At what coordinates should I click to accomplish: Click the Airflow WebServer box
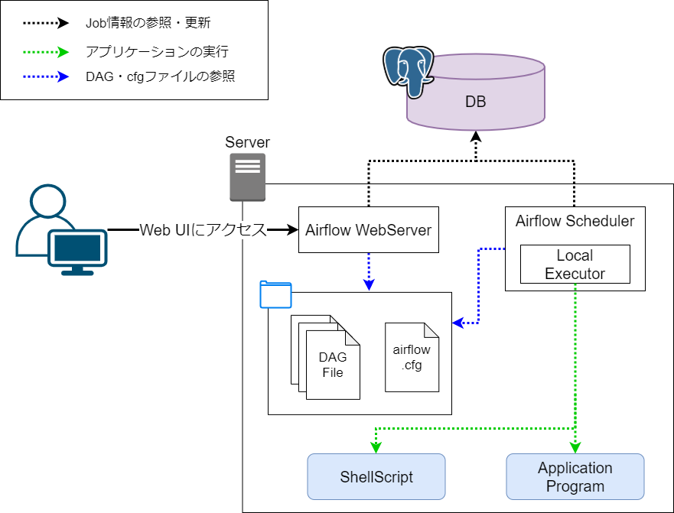(x=368, y=229)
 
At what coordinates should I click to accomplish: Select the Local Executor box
(x=575, y=264)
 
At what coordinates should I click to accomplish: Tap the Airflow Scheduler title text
(x=575, y=221)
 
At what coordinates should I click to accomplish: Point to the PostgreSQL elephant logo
(x=408, y=71)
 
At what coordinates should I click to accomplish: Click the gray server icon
(x=247, y=177)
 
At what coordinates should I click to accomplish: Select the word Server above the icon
(x=247, y=143)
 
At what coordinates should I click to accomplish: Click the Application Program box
(x=575, y=477)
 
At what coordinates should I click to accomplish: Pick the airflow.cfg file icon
(x=412, y=357)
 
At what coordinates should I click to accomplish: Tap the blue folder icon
(x=275, y=294)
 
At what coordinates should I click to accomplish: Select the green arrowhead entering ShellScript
(x=376, y=447)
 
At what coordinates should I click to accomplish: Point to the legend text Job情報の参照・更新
(x=148, y=23)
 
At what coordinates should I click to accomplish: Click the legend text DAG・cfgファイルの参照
(x=160, y=76)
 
